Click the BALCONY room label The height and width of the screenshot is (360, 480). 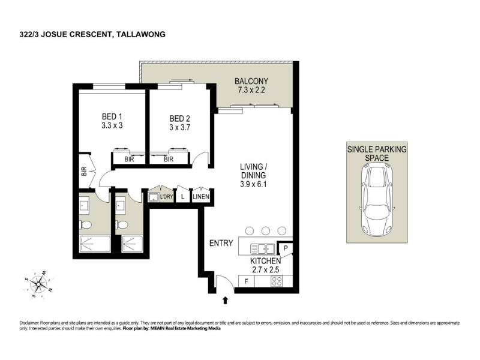251,81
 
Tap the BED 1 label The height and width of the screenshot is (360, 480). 112,116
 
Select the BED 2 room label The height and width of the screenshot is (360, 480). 179,119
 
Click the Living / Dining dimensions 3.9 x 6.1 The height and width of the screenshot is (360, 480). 253,184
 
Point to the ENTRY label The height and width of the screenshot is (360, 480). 221,243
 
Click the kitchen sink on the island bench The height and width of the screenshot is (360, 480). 263,249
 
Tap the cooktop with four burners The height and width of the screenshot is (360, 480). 277,281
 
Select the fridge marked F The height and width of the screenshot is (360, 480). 247,281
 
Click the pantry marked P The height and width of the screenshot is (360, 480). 286,248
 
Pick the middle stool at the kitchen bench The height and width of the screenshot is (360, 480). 266,230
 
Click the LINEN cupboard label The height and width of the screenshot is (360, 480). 201,197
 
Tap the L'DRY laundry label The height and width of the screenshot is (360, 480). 167,197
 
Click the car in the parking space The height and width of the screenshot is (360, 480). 377,199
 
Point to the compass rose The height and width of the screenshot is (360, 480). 38,284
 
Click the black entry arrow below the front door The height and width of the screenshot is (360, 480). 226,301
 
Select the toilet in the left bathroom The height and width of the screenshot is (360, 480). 85,225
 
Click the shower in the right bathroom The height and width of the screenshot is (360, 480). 132,244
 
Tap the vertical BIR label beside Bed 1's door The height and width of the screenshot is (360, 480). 84,171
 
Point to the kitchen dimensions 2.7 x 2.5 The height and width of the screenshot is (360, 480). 265,269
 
